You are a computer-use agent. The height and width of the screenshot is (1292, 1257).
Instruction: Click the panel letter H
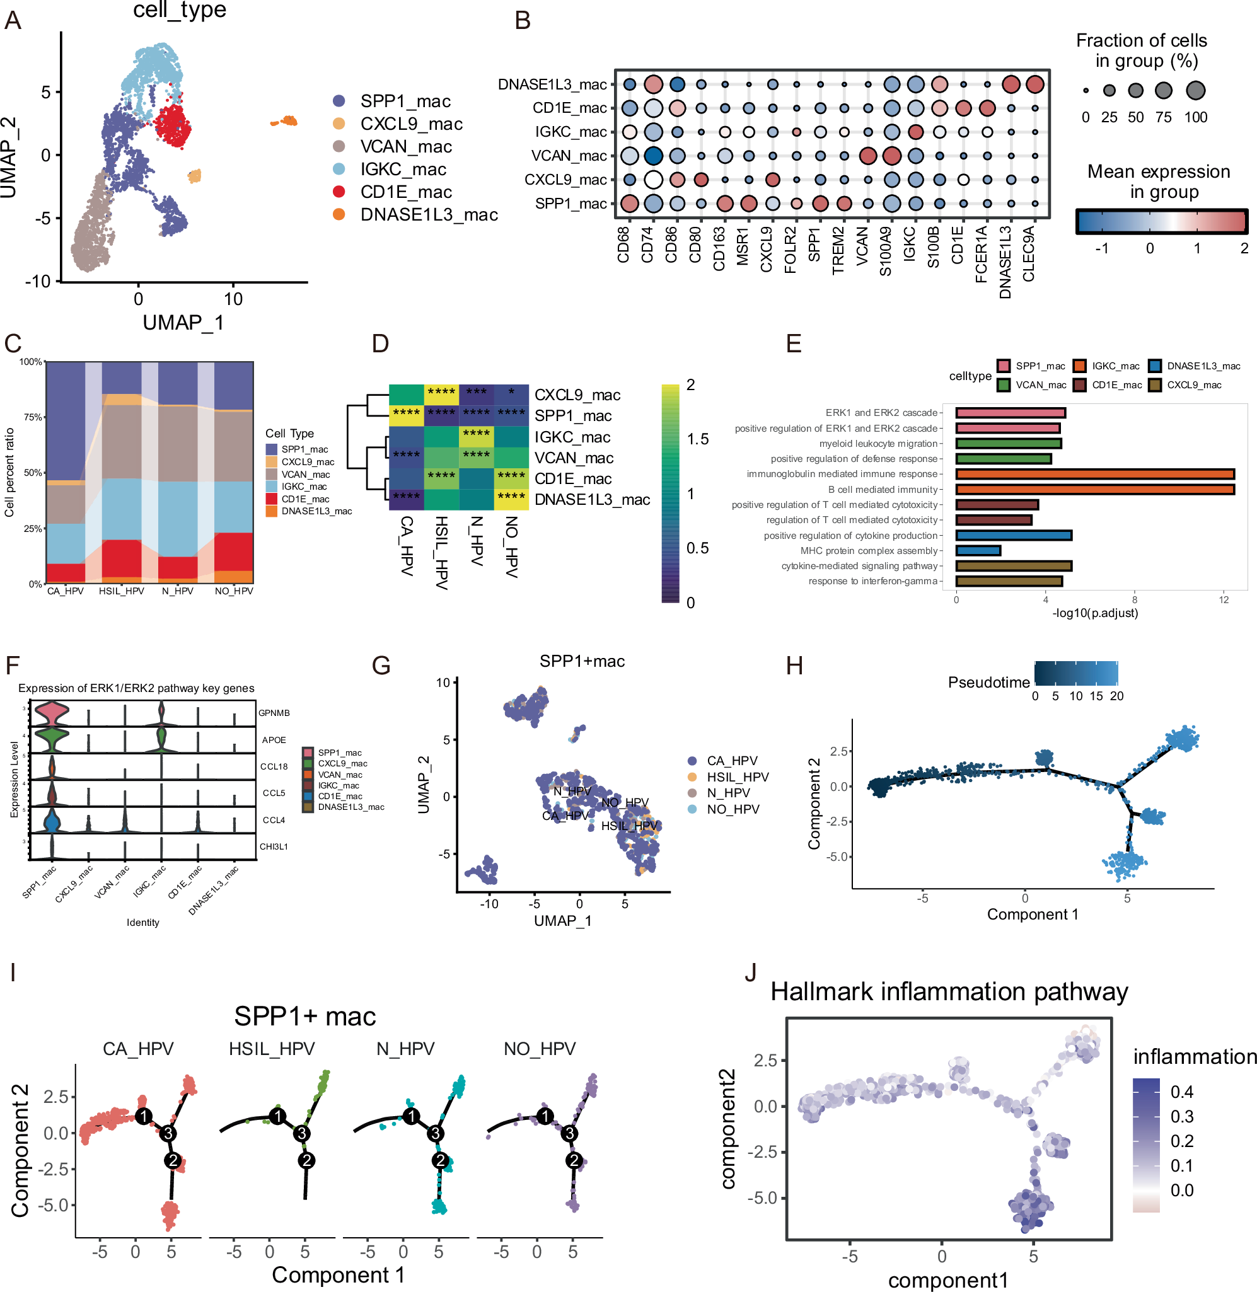coord(794,666)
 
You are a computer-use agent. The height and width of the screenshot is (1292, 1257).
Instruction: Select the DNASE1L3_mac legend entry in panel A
coord(428,214)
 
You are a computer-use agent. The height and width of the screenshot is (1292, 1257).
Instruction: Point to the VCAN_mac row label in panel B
coord(569,156)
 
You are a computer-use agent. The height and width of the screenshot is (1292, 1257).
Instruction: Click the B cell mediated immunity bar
coord(1094,489)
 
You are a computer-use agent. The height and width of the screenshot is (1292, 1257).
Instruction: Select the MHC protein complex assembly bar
coord(978,551)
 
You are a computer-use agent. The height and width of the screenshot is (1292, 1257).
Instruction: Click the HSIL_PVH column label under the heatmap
coord(441,553)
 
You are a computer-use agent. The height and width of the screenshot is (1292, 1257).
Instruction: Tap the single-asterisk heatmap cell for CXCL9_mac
coord(511,393)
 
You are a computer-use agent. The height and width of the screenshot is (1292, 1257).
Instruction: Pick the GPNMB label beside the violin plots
coord(274,713)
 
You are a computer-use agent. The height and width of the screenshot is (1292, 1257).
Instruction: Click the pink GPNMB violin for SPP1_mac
coord(52,713)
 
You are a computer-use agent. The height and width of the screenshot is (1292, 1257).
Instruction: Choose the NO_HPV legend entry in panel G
coord(732,809)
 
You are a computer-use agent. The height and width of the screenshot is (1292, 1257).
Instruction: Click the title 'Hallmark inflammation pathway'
coord(949,991)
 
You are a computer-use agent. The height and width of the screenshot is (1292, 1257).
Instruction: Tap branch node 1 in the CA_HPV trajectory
coord(143,1116)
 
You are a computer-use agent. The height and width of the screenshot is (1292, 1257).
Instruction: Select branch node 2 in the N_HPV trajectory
coord(439,1160)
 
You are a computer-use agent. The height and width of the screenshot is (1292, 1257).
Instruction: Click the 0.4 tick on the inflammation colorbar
coord(1181,1092)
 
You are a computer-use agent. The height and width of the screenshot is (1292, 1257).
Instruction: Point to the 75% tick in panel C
coord(32,417)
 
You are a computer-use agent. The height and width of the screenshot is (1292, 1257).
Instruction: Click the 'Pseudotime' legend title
coord(988,682)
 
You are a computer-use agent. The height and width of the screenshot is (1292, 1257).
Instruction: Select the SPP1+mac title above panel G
coord(582,661)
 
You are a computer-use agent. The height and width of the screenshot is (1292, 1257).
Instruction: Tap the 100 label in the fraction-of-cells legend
coord(1195,117)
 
